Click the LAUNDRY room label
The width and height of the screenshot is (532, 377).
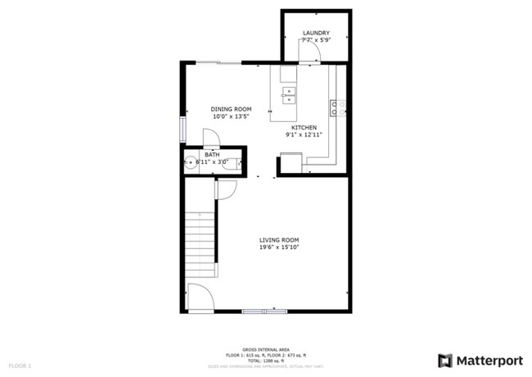[x=315, y=33]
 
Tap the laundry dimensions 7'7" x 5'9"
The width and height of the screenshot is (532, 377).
[x=315, y=40]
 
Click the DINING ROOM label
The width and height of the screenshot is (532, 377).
[x=230, y=109]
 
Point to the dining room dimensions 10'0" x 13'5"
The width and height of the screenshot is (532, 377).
[x=230, y=116]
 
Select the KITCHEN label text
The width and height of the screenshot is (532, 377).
[x=304, y=127]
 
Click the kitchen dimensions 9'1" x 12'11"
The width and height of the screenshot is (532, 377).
[x=304, y=134]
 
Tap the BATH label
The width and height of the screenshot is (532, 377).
[x=212, y=155]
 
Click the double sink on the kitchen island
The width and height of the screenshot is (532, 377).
[x=288, y=97]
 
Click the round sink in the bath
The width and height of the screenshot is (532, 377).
[x=189, y=162]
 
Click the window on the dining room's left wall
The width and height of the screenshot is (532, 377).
[x=183, y=129]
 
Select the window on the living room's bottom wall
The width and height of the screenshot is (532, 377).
[x=264, y=311]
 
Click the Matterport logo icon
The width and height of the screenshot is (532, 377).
[x=445, y=360]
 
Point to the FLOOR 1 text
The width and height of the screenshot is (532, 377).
[x=20, y=365]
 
